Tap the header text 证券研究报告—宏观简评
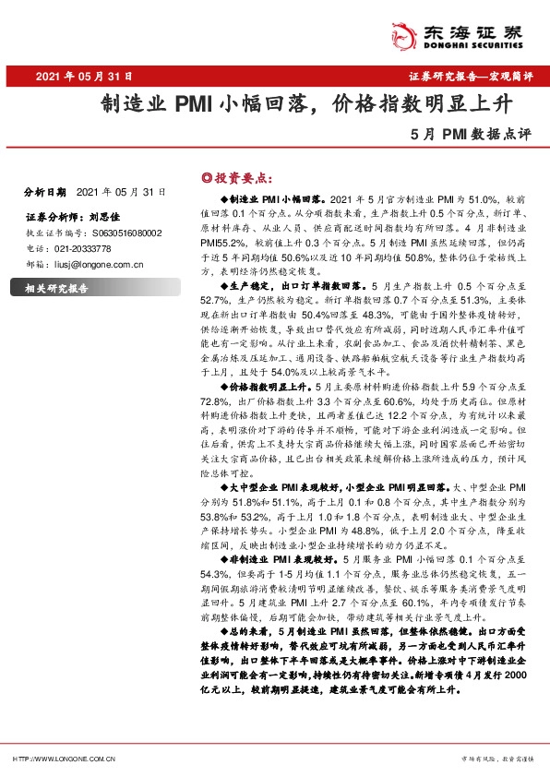(x=471, y=78)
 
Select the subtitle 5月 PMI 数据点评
(x=473, y=133)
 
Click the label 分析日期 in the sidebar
(x=44, y=193)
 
